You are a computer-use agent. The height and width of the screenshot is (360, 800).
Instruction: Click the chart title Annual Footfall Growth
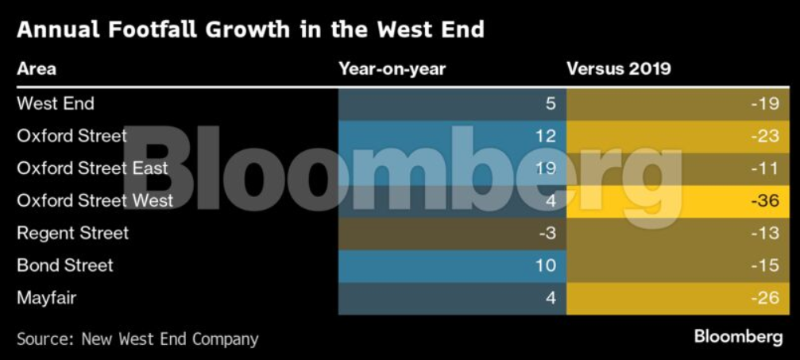click(x=250, y=30)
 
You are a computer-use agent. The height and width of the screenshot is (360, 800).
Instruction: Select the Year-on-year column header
click(x=392, y=69)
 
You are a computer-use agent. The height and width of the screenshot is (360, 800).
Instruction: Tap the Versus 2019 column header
click(x=618, y=69)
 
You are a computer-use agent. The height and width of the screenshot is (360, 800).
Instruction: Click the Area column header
click(x=37, y=69)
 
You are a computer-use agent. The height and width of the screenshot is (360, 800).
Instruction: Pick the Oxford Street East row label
click(x=92, y=168)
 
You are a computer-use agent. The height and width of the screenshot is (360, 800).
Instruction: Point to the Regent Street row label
click(x=72, y=233)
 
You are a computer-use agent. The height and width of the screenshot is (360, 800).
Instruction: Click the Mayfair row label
click(x=46, y=298)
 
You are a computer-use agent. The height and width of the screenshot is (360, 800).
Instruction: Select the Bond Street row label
click(x=65, y=265)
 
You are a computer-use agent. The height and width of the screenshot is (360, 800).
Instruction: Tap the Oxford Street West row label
click(x=95, y=200)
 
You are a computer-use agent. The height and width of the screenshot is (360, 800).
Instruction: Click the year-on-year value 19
click(x=545, y=168)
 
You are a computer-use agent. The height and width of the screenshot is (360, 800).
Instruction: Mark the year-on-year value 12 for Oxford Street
click(x=545, y=136)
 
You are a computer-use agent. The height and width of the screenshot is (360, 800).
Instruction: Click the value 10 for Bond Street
click(x=545, y=265)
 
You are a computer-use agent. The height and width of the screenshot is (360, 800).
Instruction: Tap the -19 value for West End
click(x=767, y=103)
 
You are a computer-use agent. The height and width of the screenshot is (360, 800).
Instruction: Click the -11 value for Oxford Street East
click(x=767, y=168)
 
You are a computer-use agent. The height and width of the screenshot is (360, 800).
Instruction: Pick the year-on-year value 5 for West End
click(x=551, y=103)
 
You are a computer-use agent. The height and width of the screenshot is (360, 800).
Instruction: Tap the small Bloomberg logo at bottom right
click(x=738, y=337)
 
